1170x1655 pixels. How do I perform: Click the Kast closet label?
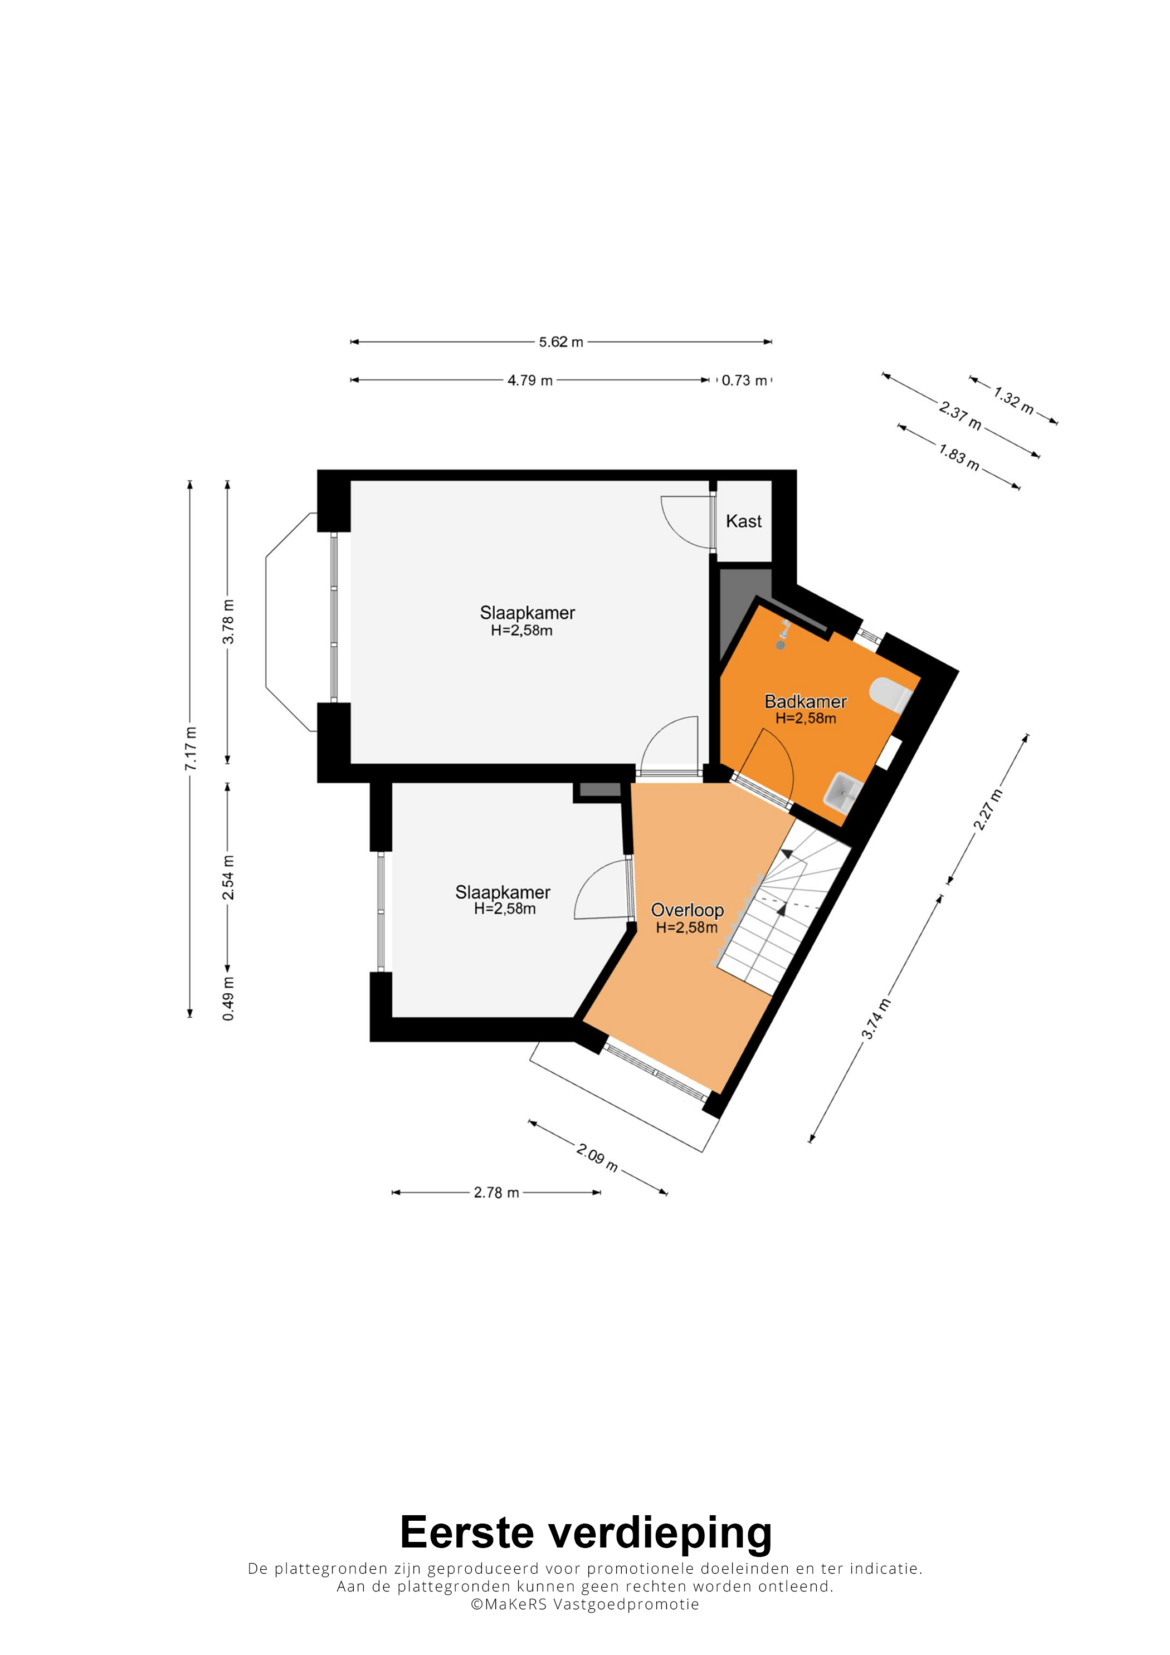[743, 521]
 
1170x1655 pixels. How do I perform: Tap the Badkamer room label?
[805, 701]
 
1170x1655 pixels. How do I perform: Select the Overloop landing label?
[687, 910]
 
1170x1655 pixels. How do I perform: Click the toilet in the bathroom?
[890, 694]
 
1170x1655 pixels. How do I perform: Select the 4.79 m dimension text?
[530, 380]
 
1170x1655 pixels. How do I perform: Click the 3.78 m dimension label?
[228, 621]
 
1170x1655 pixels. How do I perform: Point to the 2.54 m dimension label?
[228, 877]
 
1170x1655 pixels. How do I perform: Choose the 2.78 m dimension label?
[496, 1193]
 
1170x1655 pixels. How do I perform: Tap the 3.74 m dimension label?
[876, 1019]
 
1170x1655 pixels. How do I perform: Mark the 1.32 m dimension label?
[1013, 400]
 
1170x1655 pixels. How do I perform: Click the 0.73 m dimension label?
[745, 380]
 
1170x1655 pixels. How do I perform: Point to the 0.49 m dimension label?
[228, 998]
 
